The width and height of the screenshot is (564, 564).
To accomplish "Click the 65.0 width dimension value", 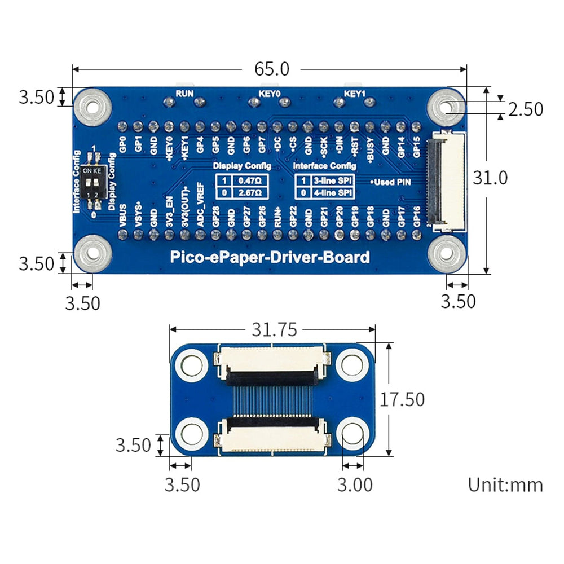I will tap(271, 69).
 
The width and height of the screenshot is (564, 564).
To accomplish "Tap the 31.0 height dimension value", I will tap(490, 178).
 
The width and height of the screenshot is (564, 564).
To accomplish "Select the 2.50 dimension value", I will tap(526, 109).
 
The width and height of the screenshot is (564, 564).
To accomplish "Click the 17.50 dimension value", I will tap(402, 399).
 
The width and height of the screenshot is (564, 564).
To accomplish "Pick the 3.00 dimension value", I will tap(355, 484).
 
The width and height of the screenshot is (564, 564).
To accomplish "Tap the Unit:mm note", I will tap(505, 484).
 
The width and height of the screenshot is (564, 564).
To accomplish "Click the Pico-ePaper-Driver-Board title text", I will tap(270, 258).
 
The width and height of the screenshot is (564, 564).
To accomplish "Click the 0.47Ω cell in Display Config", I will tap(249, 181).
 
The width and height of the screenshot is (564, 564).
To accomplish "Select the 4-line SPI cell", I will tap(331, 192).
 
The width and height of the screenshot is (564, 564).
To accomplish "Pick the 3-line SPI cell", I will tap(331, 181).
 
